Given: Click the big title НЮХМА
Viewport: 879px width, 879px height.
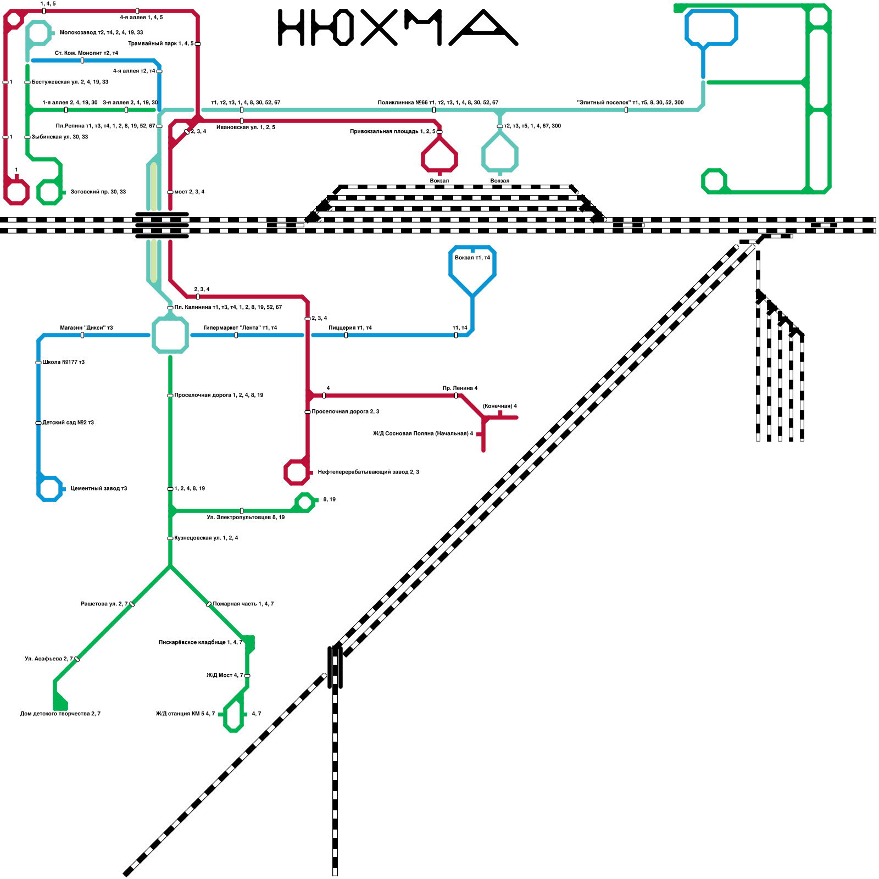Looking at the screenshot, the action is (397, 27).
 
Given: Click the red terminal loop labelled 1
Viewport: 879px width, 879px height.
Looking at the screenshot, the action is (16, 192).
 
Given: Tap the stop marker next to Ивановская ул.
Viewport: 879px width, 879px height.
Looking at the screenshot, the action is (242, 121).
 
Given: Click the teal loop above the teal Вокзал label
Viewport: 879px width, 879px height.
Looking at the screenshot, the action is (500, 155).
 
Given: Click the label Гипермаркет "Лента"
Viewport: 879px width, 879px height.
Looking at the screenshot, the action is (240, 327).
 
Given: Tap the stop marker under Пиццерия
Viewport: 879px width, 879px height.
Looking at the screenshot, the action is (346, 335).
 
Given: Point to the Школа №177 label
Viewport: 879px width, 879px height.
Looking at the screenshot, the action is (63, 362).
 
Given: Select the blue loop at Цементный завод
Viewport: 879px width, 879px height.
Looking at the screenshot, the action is (49, 488).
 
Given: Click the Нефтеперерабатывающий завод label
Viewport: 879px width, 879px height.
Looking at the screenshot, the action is (368, 472).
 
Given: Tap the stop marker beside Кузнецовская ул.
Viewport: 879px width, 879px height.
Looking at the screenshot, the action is (170, 538).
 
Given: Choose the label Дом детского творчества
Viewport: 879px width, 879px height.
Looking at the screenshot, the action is (60, 714).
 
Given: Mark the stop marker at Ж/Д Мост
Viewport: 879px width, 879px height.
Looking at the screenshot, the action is (247, 676).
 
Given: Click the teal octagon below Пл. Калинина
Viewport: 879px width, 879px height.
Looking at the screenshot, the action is (170, 335).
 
